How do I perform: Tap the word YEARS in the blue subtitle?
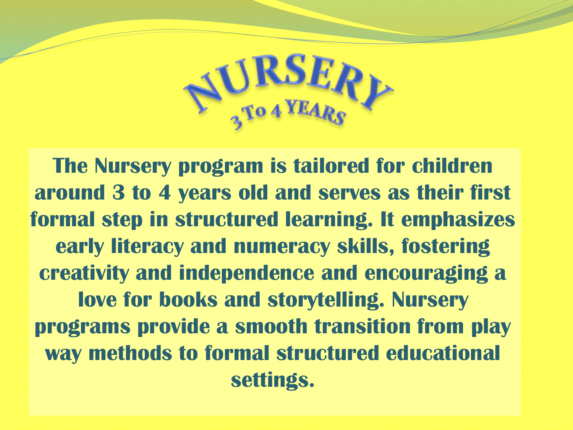(x=317, y=113)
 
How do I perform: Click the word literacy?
(x=147, y=247)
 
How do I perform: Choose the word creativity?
(x=84, y=274)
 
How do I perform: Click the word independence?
(x=247, y=274)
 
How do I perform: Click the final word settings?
(x=272, y=381)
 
